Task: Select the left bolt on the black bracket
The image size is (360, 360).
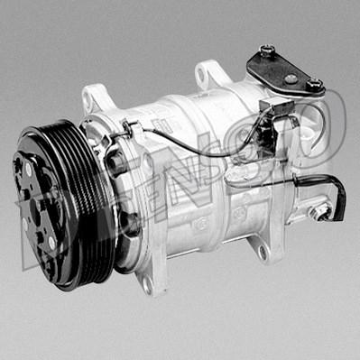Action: coord(267,51)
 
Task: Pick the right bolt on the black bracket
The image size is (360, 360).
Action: coord(313,85)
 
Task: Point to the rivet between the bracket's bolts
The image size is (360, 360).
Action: coord(290,78)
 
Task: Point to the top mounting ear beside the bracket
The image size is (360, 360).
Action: coord(209,73)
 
